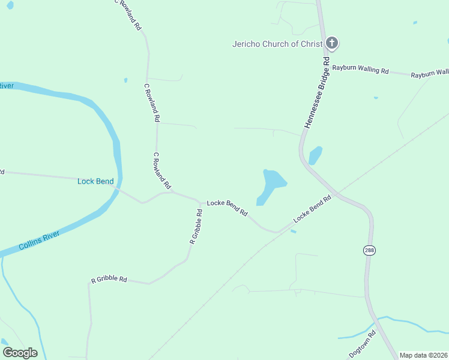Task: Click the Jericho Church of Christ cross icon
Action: (x=332, y=43)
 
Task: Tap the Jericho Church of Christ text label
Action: (x=277, y=44)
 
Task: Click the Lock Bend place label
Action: (x=95, y=181)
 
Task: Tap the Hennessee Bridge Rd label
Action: (x=317, y=92)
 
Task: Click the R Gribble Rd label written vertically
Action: (x=196, y=226)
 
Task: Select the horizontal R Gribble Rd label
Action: (x=109, y=280)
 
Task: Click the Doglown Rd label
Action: (x=363, y=343)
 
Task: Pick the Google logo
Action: (x=20, y=353)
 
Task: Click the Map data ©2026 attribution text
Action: (x=423, y=355)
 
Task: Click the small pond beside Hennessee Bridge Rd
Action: (x=315, y=155)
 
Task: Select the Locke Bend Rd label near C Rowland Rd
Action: (x=228, y=207)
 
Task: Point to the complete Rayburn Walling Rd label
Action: (x=361, y=69)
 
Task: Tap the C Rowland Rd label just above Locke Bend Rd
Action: (x=162, y=170)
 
